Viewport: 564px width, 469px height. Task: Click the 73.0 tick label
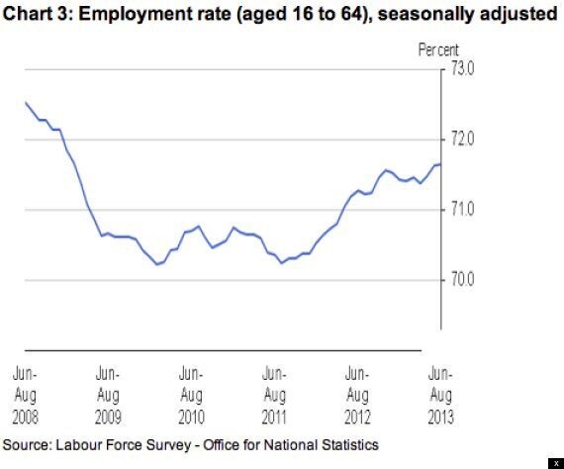[x=462, y=68]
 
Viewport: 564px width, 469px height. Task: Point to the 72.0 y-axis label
[x=462, y=139]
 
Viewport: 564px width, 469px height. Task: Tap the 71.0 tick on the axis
[x=462, y=209]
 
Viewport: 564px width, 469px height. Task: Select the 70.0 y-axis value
[x=462, y=279]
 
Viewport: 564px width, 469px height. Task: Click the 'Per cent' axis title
[x=438, y=49]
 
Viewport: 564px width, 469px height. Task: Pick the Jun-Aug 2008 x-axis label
[x=25, y=395]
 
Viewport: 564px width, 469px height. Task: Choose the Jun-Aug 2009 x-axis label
[x=108, y=395]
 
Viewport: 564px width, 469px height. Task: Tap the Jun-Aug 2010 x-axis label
[x=191, y=395]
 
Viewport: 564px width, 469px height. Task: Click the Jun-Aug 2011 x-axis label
[x=274, y=395]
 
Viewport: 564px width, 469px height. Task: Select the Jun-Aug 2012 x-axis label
[x=357, y=395]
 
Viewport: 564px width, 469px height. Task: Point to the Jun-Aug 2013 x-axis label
[x=440, y=395]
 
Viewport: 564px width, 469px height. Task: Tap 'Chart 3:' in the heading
[x=37, y=14]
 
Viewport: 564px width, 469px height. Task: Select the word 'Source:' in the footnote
[x=27, y=445]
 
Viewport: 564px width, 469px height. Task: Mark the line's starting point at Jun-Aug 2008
[x=26, y=103]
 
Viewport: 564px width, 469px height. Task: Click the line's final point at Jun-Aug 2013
[x=441, y=164]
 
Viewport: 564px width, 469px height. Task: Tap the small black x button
[x=556, y=464]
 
